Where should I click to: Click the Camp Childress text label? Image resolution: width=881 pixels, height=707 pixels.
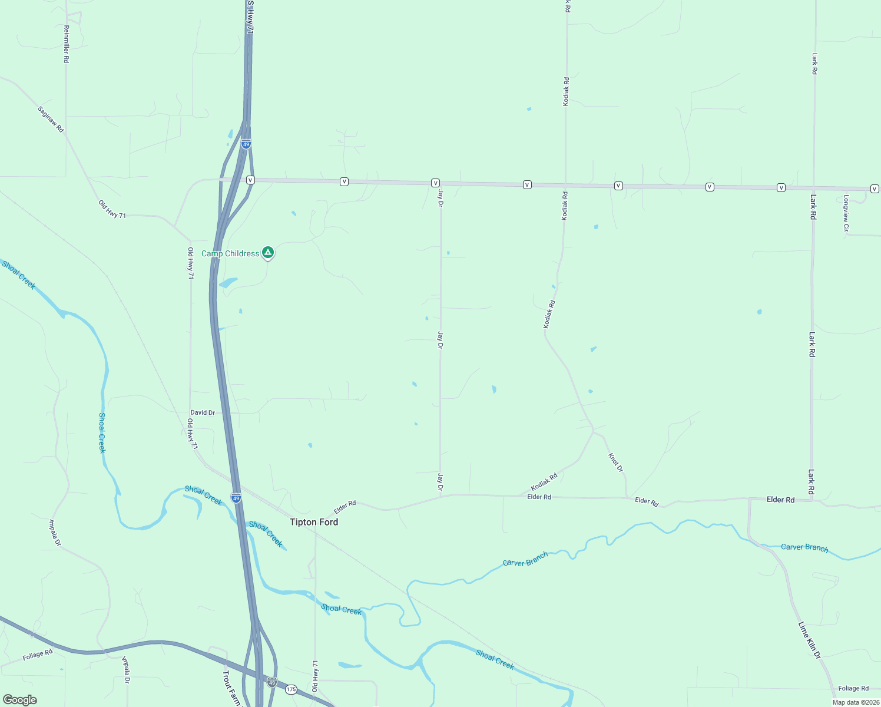tap(230, 253)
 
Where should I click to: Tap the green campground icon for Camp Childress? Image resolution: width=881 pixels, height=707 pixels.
tap(268, 253)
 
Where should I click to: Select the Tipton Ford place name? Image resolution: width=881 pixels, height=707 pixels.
tap(314, 522)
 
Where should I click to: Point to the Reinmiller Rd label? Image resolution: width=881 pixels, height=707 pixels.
tap(67, 44)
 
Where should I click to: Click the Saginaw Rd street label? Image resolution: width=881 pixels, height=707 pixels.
tap(51, 119)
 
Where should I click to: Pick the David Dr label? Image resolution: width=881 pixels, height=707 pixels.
tap(203, 412)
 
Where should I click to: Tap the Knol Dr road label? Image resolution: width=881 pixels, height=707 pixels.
tap(615, 462)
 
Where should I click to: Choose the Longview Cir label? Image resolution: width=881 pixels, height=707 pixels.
tap(846, 213)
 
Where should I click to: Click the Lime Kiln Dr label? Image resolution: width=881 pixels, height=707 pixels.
tap(809, 640)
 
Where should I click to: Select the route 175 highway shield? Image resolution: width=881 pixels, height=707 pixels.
tap(291, 689)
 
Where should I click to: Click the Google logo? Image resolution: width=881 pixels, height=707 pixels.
tap(20, 699)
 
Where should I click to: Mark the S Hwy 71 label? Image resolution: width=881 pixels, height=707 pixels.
tap(250, 16)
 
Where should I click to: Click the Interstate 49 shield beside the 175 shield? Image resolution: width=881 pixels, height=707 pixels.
tap(271, 682)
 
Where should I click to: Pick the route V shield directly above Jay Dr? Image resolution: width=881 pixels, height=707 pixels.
tap(435, 183)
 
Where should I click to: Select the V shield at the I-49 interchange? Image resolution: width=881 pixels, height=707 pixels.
tap(250, 180)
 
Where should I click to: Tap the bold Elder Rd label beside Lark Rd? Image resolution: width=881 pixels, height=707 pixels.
tap(780, 500)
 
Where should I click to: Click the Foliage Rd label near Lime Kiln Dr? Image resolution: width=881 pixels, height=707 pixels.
tap(853, 688)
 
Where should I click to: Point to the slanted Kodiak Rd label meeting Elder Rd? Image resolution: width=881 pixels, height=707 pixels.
tap(544, 482)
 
